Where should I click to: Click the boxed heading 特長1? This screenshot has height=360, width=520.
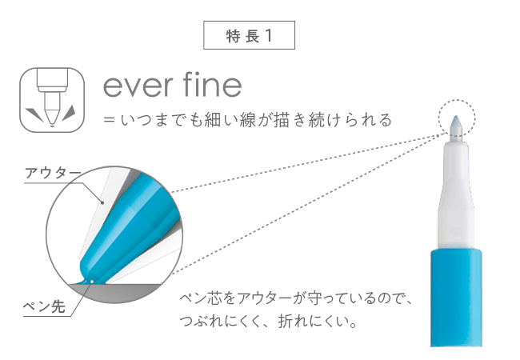[249, 35]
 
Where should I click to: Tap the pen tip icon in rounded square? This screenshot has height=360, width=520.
[52, 100]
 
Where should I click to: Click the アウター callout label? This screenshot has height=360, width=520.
[53, 172]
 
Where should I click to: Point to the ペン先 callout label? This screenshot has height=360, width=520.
[44, 306]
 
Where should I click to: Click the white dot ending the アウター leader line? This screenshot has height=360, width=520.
[102, 202]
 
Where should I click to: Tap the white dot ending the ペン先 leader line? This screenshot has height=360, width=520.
[92, 282]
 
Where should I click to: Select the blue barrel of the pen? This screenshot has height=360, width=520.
[456, 298]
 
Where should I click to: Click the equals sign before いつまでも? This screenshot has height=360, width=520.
[109, 119]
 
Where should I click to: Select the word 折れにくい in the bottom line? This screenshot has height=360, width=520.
[312, 321]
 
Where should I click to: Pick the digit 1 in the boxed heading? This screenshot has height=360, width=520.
[269, 35]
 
